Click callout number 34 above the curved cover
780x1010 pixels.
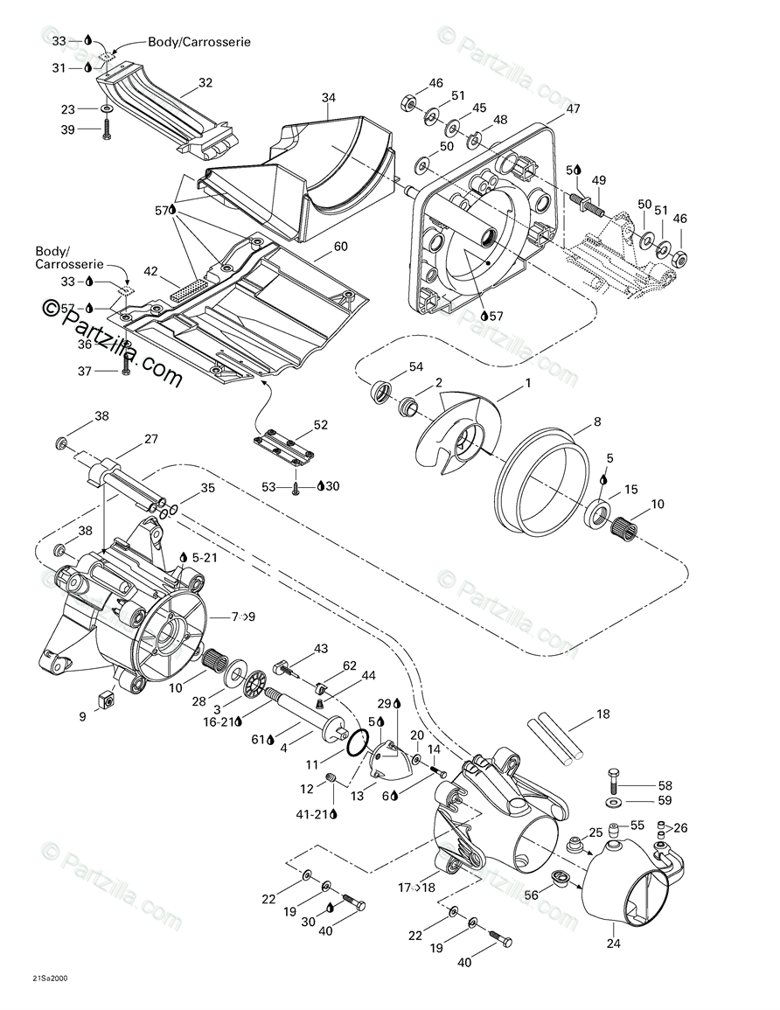coord(328,97)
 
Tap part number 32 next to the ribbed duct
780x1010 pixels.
coord(205,83)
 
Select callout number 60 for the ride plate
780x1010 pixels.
coord(340,247)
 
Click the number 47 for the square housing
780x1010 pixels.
coord(573,109)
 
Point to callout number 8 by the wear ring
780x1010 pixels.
coord(597,421)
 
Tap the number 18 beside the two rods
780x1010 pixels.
coord(603,714)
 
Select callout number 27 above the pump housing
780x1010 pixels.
coord(151,439)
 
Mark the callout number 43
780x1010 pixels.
coord(321,648)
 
